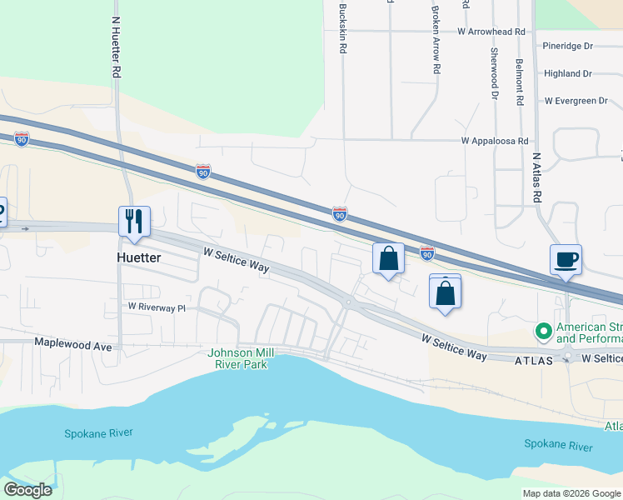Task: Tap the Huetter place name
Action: [138, 258]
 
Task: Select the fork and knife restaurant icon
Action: [134, 222]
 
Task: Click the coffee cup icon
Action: [566, 258]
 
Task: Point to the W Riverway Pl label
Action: [157, 307]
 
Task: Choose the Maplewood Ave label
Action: [72, 342]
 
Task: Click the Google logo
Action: [27, 490]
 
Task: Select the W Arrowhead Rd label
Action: [491, 31]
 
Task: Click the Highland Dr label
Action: [567, 73]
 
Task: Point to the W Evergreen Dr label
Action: [576, 101]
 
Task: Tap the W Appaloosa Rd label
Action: [496, 142]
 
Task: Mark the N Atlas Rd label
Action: [537, 179]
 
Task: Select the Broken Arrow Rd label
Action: [435, 40]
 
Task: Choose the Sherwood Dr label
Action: [494, 73]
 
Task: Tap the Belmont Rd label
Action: [519, 76]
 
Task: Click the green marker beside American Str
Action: [544, 332]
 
